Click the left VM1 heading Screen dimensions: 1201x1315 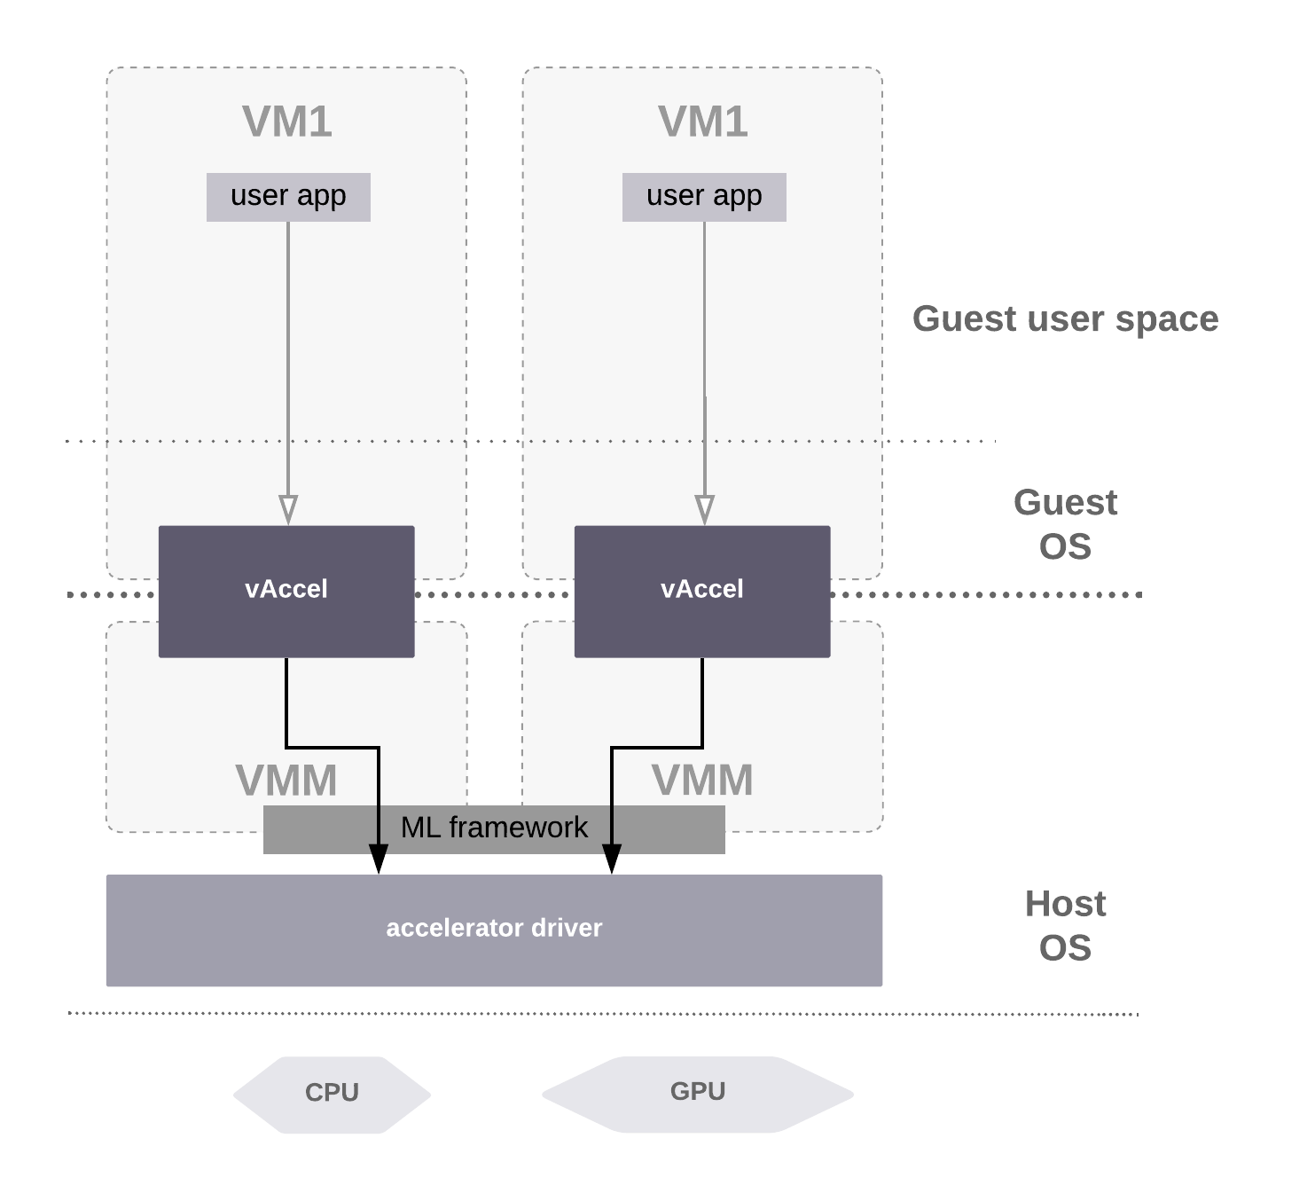click(x=287, y=122)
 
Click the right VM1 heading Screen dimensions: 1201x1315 click(x=702, y=122)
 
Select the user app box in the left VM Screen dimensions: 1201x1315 click(x=288, y=196)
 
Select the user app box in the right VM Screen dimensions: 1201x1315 click(x=704, y=196)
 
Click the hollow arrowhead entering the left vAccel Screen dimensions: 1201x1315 click(x=288, y=510)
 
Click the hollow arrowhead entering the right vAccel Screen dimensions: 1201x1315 click(x=704, y=510)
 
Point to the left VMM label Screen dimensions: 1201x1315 click(x=286, y=781)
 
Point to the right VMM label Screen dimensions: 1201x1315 click(x=702, y=781)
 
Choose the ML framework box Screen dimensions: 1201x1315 click(x=494, y=828)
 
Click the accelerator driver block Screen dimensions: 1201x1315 click(x=494, y=930)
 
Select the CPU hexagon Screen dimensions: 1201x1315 click(x=332, y=1094)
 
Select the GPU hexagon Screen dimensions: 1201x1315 click(x=698, y=1093)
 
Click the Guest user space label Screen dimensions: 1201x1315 click(x=1065, y=319)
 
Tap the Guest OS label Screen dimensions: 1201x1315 click(x=1065, y=524)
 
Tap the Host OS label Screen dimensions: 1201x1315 click(x=1065, y=926)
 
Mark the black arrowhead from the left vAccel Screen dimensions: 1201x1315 click(x=379, y=851)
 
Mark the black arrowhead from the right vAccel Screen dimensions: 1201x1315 click(x=612, y=851)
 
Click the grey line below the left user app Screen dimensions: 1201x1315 click(x=288, y=355)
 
